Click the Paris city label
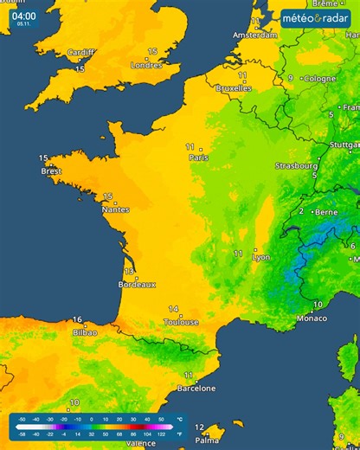(x=199, y=157)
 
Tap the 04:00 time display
(x=23, y=16)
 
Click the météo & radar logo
(x=317, y=16)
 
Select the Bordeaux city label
(x=138, y=284)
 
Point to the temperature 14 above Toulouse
(x=173, y=309)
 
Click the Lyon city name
(x=260, y=257)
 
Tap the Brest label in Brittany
(x=51, y=170)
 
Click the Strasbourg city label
(x=297, y=164)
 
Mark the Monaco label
(x=312, y=318)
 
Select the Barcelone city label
(x=196, y=388)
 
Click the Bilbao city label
(x=86, y=331)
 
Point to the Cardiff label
(x=81, y=53)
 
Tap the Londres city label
(x=145, y=64)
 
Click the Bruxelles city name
(x=233, y=87)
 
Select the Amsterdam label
(x=255, y=35)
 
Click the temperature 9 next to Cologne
(x=291, y=78)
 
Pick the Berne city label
(x=326, y=211)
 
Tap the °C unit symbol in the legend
(x=178, y=418)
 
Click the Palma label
(x=208, y=440)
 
